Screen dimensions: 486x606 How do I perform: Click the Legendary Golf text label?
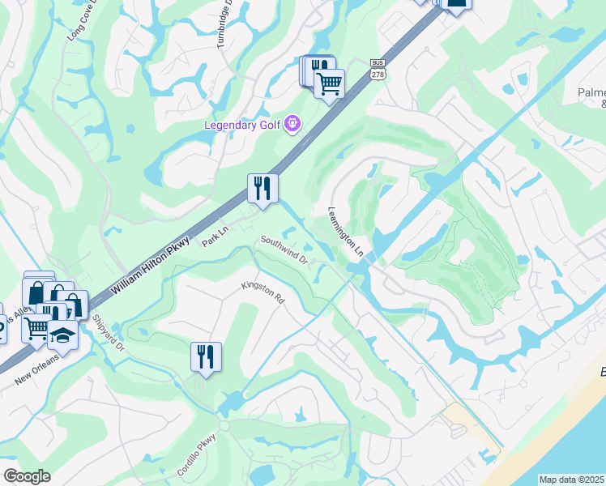pyautogui.click(x=242, y=125)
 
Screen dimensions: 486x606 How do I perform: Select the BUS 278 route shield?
pyautogui.click(x=377, y=69)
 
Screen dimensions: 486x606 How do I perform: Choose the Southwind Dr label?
pyautogui.click(x=284, y=250)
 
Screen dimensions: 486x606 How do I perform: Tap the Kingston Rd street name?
pyautogui.click(x=264, y=293)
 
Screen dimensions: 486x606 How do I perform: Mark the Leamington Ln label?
pyautogui.click(x=344, y=232)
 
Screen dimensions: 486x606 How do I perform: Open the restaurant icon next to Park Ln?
pyautogui.click(x=262, y=189)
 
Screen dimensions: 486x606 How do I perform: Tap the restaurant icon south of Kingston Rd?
pyautogui.click(x=206, y=356)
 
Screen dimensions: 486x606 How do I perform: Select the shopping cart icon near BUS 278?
pyautogui.click(x=329, y=83)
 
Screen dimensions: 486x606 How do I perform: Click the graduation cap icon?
pyautogui.click(x=62, y=332)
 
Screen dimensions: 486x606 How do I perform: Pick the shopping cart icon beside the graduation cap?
pyautogui.click(x=36, y=328)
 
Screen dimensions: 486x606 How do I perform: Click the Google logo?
pyautogui.click(x=27, y=475)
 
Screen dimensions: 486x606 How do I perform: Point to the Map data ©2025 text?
pyautogui.click(x=571, y=480)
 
